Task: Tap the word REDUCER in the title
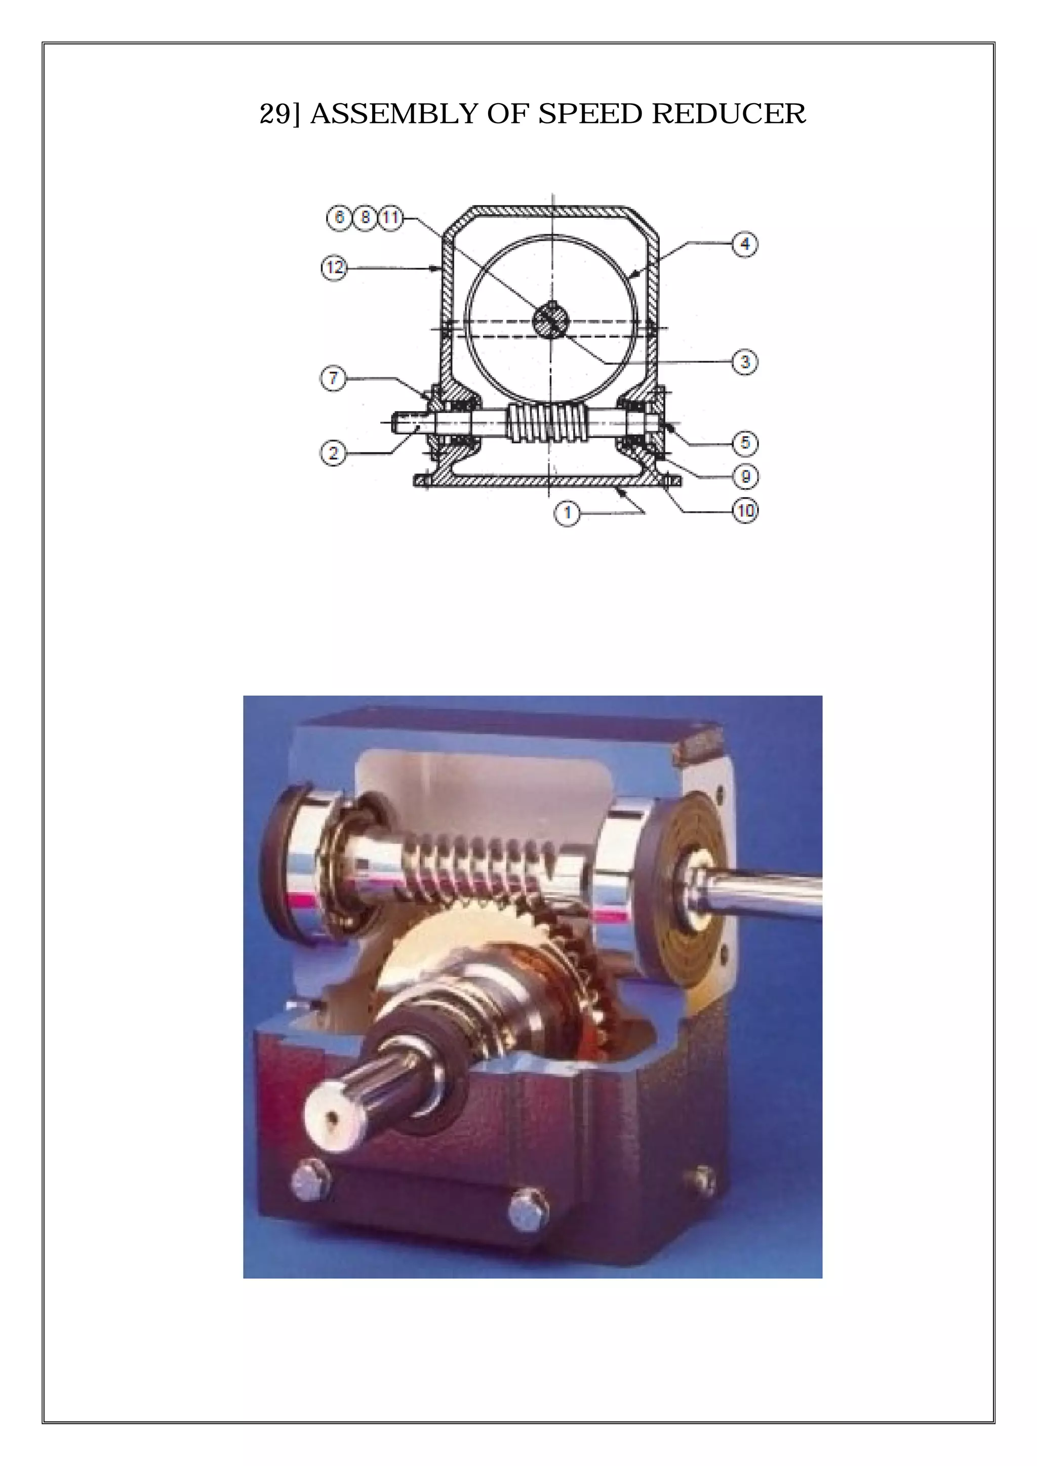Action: pos(729,114)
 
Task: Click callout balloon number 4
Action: pos(744,244)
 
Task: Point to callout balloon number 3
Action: pos(744,362)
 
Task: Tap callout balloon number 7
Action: pos(333,378)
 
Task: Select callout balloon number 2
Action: pos(333,454)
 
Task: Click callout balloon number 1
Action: pos(567,512)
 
